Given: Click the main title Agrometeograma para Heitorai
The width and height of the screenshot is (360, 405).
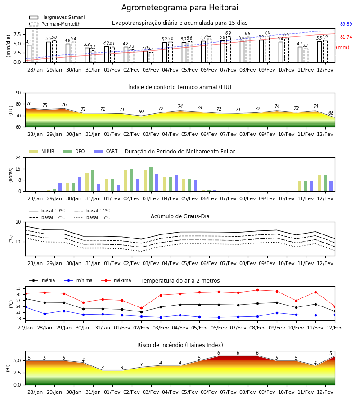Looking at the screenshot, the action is [x=180, y=8].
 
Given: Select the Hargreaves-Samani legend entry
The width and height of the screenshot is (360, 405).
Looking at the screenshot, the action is [x=57, y=17].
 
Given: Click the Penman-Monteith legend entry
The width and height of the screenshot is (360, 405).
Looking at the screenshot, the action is [x=55, y=24].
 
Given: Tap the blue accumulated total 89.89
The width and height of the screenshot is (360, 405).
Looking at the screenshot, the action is [x=346, y=24].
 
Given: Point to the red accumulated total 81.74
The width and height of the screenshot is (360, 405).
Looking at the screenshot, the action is [x=346, y=37].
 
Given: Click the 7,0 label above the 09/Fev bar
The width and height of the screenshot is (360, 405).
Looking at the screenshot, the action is [x=267, y=33].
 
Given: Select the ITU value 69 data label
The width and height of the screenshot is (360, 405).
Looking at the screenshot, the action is [x=141, y=112].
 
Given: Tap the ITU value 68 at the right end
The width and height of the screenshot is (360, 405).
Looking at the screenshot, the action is [x=331, y=113].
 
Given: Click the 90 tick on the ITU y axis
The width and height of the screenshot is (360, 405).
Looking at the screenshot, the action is [x=18, y=93].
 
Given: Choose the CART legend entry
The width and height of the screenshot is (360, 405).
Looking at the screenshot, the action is [x=106, y=151].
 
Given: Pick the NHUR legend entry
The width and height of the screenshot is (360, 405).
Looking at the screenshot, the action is [x=42, y=151].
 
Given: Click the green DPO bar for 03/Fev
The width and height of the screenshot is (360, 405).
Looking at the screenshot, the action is [x=151, y=180].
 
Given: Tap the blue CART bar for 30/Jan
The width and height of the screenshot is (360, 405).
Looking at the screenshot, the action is [x=79, y=184].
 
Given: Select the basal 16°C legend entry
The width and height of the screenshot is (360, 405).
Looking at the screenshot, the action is [x=92, y=217].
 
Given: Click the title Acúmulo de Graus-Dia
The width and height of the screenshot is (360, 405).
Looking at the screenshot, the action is [x=180, y=216].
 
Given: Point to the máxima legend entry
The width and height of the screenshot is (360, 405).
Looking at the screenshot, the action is [x=116, y=280].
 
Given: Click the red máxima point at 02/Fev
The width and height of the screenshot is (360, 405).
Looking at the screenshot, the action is [x=141, y=308].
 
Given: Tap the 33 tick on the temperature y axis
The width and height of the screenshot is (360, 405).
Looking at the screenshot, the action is [x=18, y=288].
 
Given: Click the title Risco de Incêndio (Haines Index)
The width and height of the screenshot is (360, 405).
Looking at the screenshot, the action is [x=180, y=345].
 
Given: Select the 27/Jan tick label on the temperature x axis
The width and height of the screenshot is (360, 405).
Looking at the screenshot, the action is [x=25, y=328].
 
